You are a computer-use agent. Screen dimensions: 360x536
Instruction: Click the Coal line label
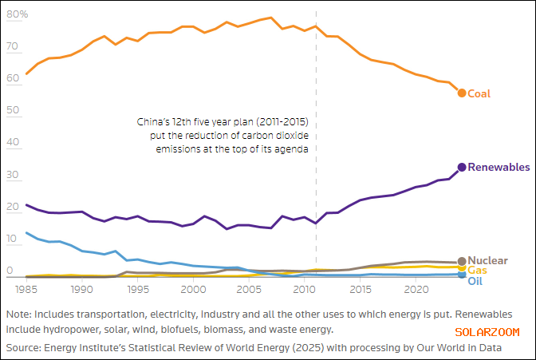click(x=479, y=93)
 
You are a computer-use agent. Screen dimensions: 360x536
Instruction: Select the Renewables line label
click(x=499, y=168)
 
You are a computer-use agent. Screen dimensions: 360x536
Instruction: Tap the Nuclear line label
click(x=487, y=261)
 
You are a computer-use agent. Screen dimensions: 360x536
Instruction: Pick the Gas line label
click(x=477, y=271)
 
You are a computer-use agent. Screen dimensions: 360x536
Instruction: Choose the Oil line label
click(x=475, y=281)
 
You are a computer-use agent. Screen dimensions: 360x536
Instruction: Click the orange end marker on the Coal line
click(x=462, y=93)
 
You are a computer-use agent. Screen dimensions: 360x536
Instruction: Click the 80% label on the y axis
click(x=19, y=14)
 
